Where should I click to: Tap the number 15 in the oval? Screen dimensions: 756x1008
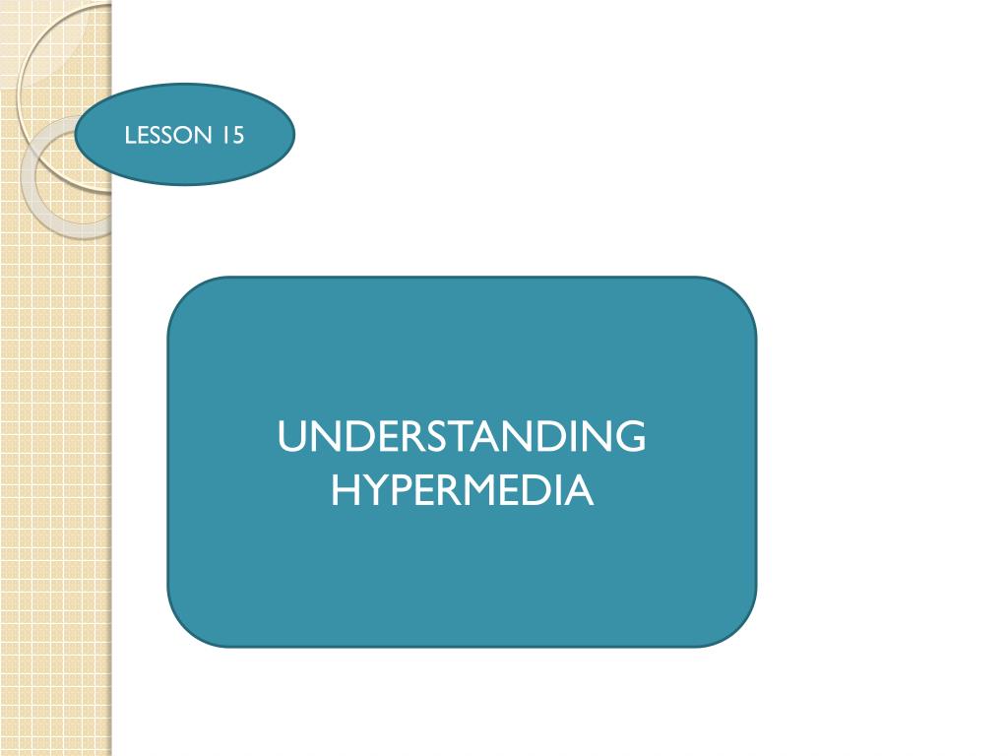(x=232, y=135)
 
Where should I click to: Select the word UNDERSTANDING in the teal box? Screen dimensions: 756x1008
(x=462, y=437)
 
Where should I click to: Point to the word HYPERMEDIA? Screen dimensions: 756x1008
(x=462, y=489)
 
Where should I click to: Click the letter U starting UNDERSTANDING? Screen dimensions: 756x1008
(x=291, y=437)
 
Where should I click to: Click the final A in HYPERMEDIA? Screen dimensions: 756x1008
(x=580, y=489)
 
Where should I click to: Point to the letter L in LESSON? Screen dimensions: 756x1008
(x=130, y=135)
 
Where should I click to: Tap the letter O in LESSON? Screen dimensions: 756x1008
(x=187, y=135)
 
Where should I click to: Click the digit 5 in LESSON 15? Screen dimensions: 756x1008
(x=237, y=135)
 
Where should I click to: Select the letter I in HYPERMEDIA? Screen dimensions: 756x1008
(x=555, y=489)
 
